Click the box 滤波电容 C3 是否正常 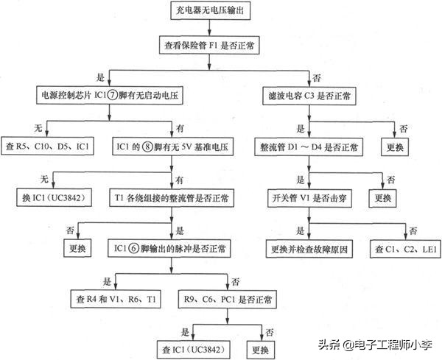pyautogui.click(x=309, y=96)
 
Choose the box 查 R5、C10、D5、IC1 pyautogui.click(x=48, y=147)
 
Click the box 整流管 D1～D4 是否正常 pyautogui.click(x=309, y=147)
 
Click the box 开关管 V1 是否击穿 pyautogui.click(x=309, y=198)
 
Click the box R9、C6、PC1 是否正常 pyautogui.click(x=229, y=300)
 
